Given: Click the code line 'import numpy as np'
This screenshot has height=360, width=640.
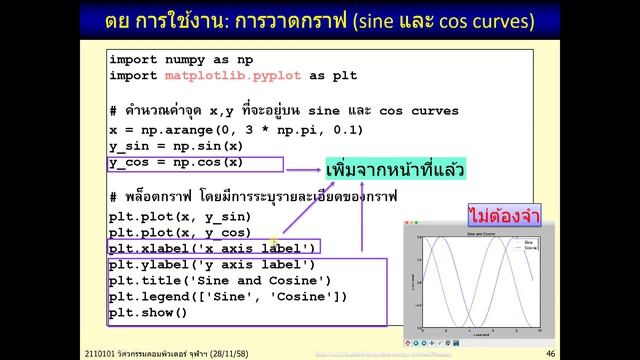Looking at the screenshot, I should pyautogui.click(x=181, y=60).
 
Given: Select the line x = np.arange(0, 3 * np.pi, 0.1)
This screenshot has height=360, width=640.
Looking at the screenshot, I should pyautogui.click(x=236, y=130).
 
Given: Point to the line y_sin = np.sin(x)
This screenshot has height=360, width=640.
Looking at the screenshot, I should pyautogui.click(x=176, y=146).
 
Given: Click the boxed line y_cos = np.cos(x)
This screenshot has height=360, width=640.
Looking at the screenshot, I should pyautogui.click(x=176, y=162).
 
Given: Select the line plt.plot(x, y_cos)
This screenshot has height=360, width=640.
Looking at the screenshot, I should pyautogui.click(x=180, y=232).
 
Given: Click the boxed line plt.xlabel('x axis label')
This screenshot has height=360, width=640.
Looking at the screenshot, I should pyautogui.click(x=212, y=248).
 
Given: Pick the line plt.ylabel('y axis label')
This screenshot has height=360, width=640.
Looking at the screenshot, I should pyautogui.click(x=212, y=264).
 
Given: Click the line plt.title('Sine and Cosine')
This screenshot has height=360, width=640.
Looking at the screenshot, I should pyautogui.click(x=220, y=280).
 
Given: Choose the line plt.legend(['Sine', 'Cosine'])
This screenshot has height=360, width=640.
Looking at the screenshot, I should pyautogui.click(x=228, y=296).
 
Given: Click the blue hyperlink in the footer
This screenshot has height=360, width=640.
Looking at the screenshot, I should pyautogui.click(x=370, y=354).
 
